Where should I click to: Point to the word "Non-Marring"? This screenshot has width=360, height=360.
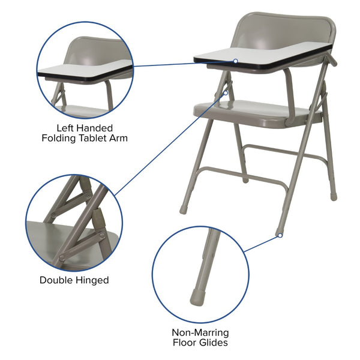click(x=200, y=332)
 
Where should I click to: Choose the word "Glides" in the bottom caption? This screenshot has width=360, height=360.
click(x=214, y=343)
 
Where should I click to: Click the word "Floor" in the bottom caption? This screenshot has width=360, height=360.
click(x=185, y=343)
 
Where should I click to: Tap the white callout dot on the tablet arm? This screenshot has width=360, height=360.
click(x=236, y=61)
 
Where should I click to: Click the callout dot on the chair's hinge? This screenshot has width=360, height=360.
click(x=226, y=92)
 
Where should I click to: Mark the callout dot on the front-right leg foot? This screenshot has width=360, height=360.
click(x=279, y=236)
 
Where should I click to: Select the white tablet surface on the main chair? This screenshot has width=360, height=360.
click(x=264, y=52)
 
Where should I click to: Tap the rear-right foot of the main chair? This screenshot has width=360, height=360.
click(x=334, y=196)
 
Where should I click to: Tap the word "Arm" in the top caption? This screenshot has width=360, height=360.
click(x=119, y=138)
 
